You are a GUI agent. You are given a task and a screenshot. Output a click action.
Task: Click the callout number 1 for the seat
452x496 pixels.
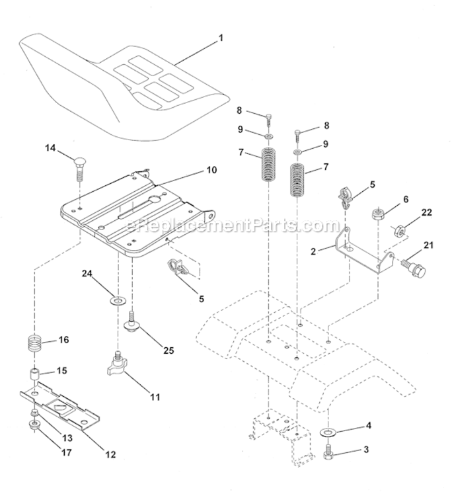[x=221, y=38]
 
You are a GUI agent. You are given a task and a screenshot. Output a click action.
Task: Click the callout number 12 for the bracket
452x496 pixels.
[x=110, y=455]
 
